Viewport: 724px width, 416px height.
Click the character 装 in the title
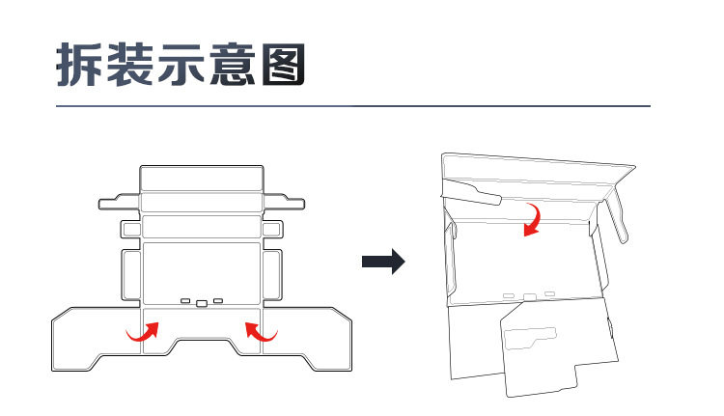click(136, 65)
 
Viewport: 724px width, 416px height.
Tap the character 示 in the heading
click(191, 65)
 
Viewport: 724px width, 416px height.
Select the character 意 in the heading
click(246, 65)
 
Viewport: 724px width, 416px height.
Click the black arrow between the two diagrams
click(382, 262)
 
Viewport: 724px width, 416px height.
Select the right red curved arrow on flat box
click(261, 332)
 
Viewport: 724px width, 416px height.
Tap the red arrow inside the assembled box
click(531, 218)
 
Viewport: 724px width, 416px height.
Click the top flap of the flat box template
click(202, 180)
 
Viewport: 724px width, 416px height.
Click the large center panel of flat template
click(202, 270)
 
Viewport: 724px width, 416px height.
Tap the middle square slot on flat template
click(201, 303)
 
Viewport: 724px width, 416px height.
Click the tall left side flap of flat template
click(130, 275)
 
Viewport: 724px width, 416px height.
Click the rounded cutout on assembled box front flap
click(531, 337)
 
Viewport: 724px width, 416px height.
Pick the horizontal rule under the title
click(352, 105)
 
